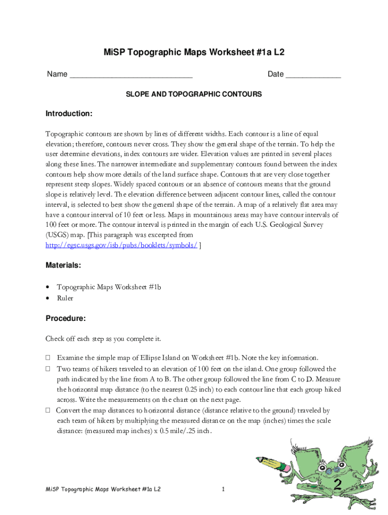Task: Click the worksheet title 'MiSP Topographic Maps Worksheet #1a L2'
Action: (194, 52)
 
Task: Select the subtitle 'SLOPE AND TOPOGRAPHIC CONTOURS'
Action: (194, 94)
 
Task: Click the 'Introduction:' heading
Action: (69, 114)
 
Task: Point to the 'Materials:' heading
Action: (63, 265)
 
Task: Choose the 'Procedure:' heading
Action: (66, 318)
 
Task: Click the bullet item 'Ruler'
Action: (65, 298)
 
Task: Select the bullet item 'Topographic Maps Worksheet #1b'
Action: (109, 287)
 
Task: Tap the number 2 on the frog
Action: (338, 484)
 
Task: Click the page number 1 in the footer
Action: (223, 489)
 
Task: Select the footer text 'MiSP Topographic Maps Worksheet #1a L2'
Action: (103, 489)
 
